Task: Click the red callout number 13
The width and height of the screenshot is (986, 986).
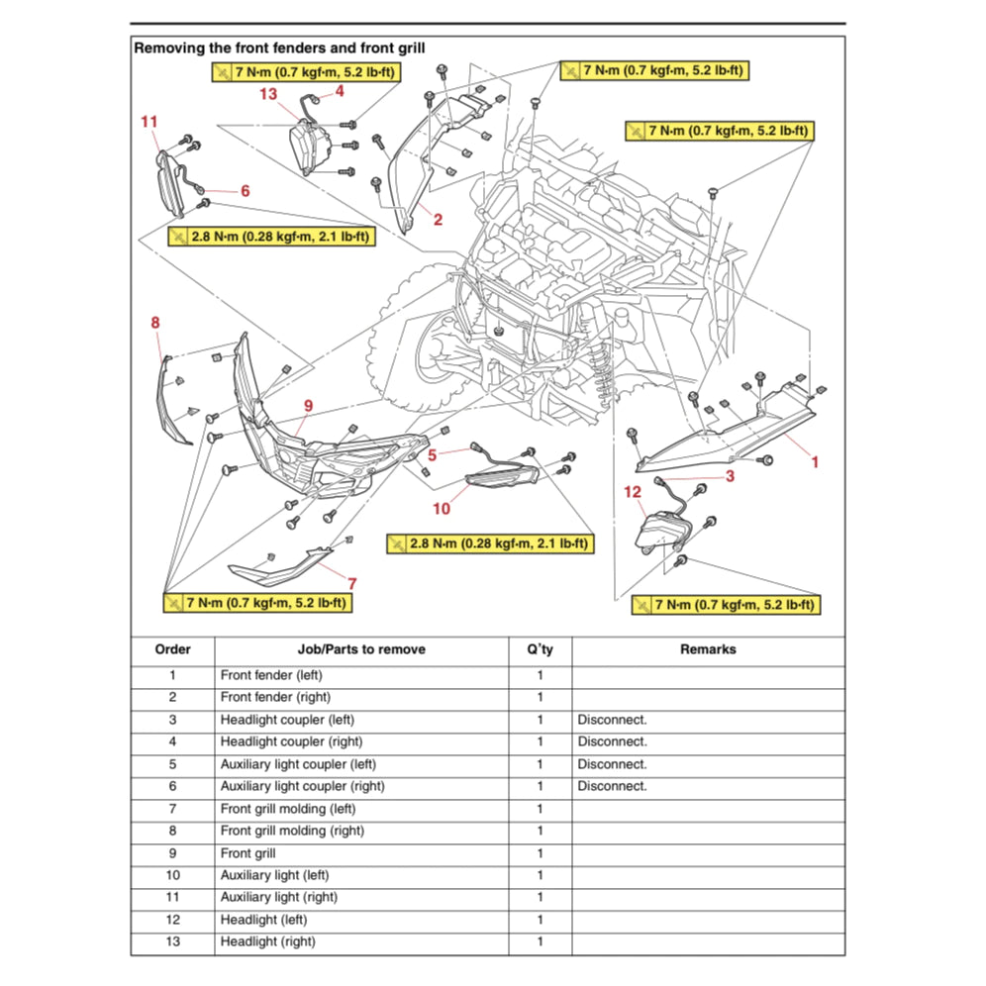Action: coord(268,94)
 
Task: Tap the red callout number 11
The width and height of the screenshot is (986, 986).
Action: coord(148,122)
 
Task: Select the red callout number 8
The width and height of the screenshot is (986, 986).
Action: coord(155,322)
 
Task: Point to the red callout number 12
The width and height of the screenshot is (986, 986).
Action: coord(633,491)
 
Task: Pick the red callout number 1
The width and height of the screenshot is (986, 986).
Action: coord(815,461)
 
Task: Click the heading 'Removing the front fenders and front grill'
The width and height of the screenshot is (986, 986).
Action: coord(286,47)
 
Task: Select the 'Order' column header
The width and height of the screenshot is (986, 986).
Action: coord(172,649)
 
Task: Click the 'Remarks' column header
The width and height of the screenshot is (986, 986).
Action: coord(707,649)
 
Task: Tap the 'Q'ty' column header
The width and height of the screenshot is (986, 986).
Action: coord(540,649)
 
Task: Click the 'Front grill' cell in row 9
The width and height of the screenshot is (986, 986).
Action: coord(248,852)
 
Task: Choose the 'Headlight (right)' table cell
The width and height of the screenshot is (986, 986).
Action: coord(268,941)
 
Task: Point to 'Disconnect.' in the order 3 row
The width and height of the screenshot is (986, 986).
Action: coord(612,720)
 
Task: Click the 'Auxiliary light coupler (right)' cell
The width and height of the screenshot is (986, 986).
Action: coord(302,786)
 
